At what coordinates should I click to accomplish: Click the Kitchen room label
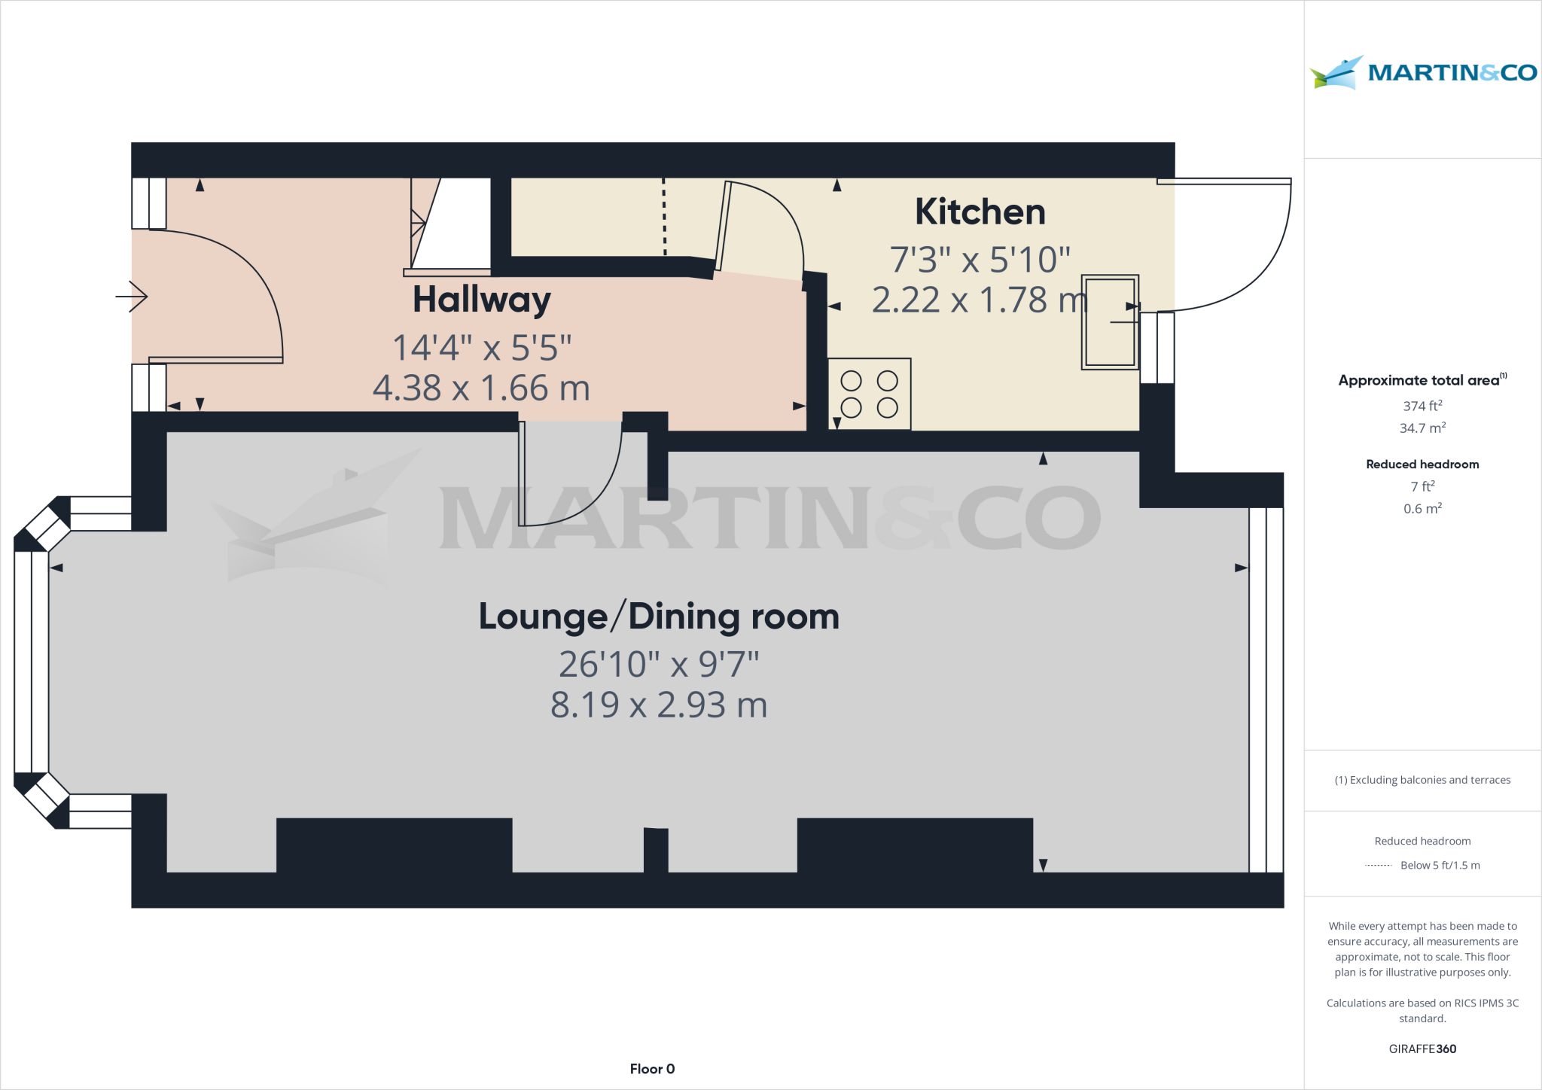(x=980, y=212)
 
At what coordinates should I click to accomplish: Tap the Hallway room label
(x=482, y=300)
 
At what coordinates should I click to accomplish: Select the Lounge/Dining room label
(x=659, y=617)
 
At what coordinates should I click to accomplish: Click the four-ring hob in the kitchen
(x=869, y=394)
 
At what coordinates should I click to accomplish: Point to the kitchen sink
(x=1109, y=322)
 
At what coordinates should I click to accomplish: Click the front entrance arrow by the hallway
(x=133, y=297)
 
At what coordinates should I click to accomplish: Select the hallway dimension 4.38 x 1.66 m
(x=481, y=388)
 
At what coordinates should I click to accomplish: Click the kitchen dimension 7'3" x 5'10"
(x=980, y=260)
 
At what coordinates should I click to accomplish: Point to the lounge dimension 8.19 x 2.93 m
(x=659, y=705)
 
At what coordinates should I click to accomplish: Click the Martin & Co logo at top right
(x=1423, y=72)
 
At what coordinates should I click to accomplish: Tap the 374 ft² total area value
(x=1422, y=406)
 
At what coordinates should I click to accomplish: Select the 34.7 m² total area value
(x=1422, y=428)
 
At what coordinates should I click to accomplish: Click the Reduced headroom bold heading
(x=1422, y=464)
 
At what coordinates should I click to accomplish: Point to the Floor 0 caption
(x=652, y=1069)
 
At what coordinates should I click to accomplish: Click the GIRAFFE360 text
(x=1422, y=1049)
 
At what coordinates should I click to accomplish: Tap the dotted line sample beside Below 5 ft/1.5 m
(x=1378, y=866)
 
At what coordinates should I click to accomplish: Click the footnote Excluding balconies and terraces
(x=1422, y=780)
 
